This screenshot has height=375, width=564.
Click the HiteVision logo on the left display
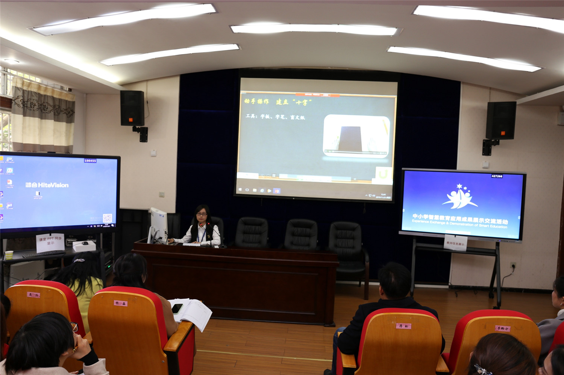[x=47, y=185]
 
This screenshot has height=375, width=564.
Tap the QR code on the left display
[x=107, y=218]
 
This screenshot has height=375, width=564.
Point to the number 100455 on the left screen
[x=90, y=161]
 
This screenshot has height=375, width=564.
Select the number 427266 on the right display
[x=497, y=176]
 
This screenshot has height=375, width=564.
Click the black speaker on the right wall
[x=500, y=120]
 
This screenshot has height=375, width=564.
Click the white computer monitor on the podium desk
[x=158, y=225]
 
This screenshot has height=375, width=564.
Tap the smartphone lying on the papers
[x=177, y=308]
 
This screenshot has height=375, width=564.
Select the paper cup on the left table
[x=9, y=255]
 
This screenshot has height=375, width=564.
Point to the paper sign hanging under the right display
[x=455, y=243]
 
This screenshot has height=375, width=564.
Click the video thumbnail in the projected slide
[x=356, y=136]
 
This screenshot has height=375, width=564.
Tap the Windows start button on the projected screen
[x=240, y=190]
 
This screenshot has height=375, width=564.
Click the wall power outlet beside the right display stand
[x=513, y=266]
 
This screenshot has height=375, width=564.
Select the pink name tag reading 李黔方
[x=502, y=328]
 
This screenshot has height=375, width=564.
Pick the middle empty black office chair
[x=301, y=235]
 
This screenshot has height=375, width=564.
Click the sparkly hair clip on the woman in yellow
[x=79, y=260]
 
